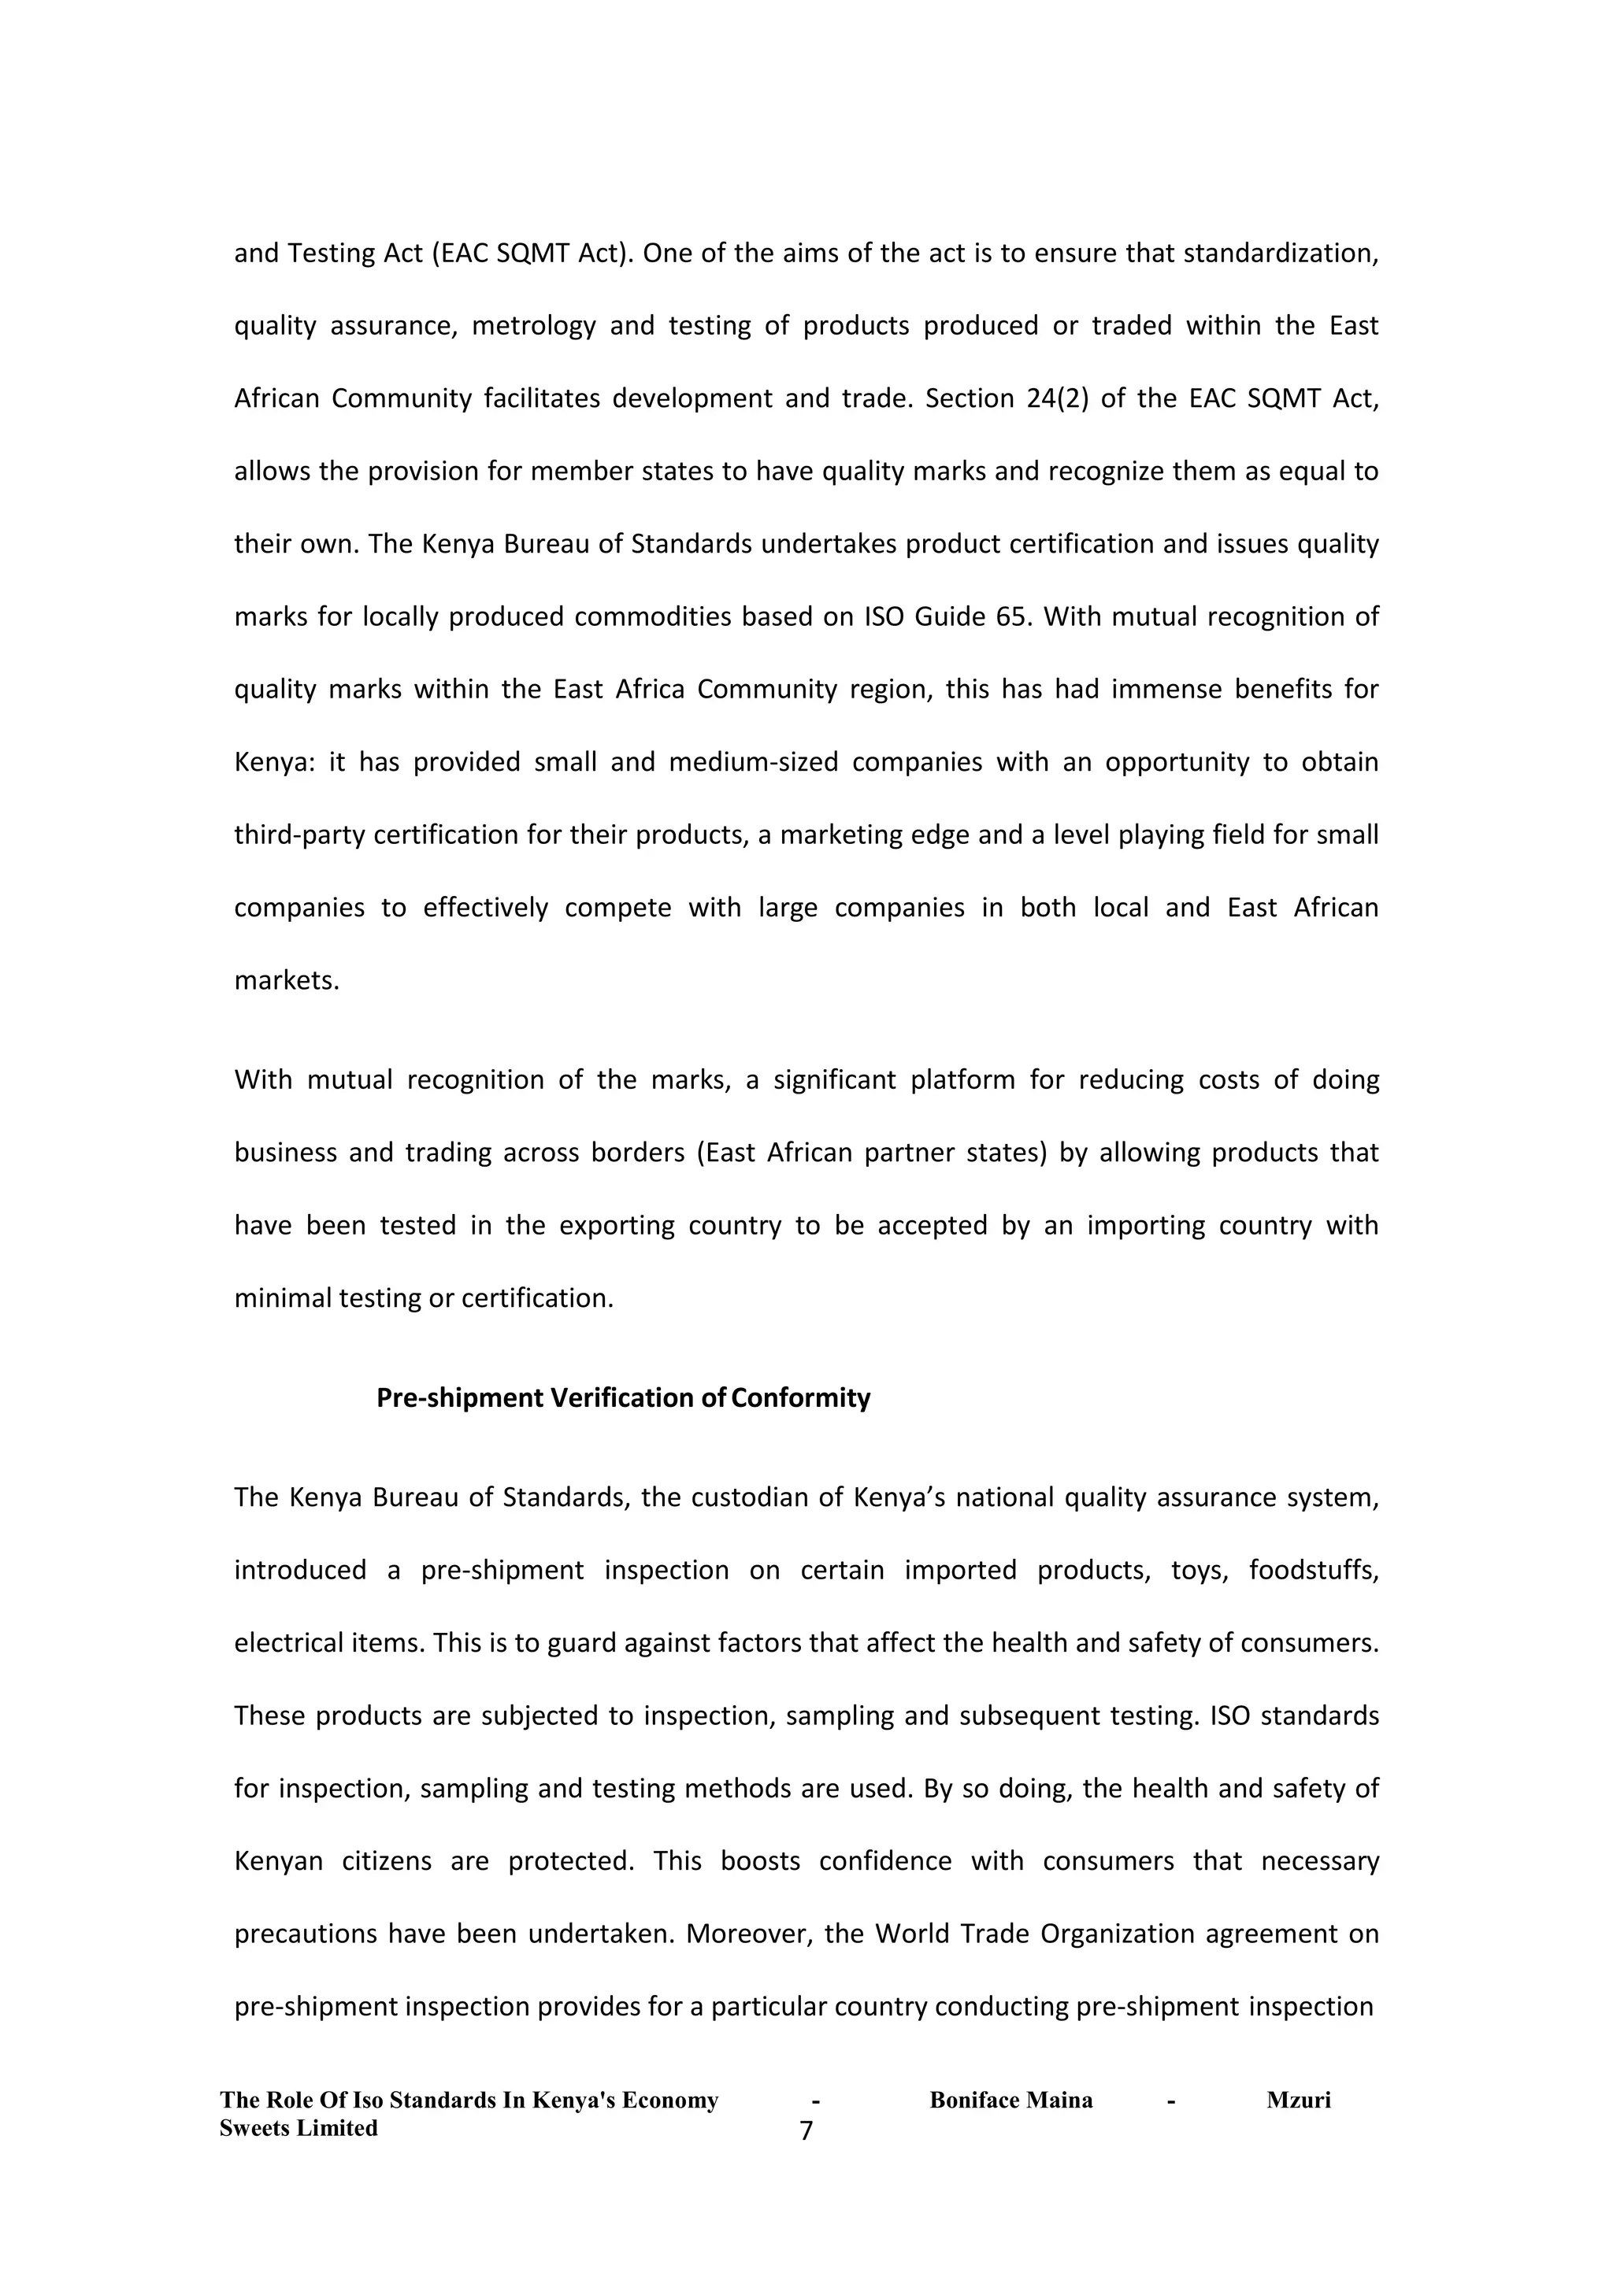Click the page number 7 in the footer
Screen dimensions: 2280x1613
click(x=806, y=2130)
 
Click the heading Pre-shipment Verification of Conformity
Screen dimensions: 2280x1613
click(x=623, y=1398)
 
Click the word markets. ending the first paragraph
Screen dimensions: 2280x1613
click(x=287, y=980)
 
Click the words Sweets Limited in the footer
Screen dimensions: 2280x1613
click(x=298, y=2127)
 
